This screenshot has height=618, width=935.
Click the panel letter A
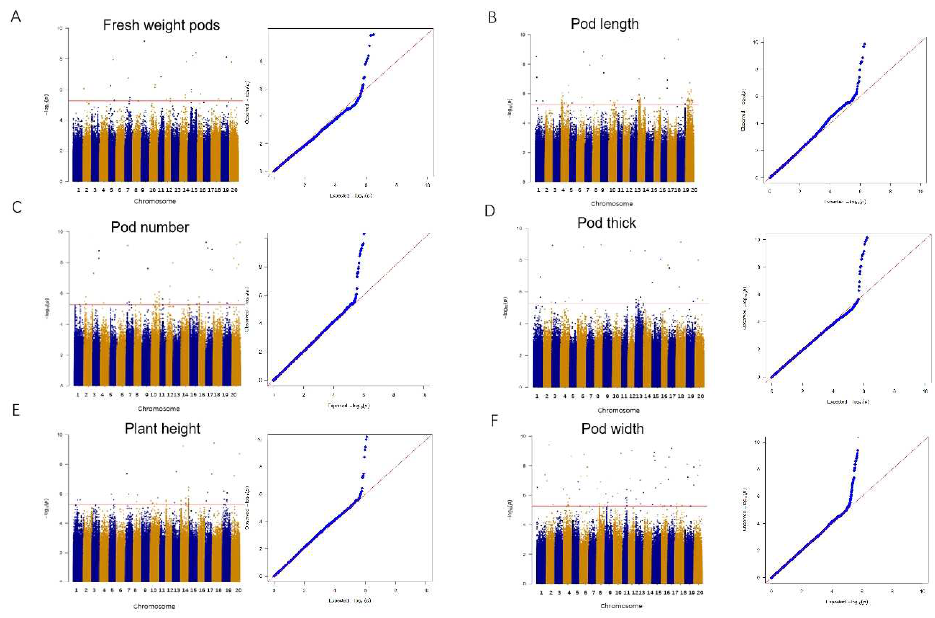(16, 17)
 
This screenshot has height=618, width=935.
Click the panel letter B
(492, 18)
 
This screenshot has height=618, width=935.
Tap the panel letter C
(16, 207)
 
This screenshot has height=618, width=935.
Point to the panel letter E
(16, 410)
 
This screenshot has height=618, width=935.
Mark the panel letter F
(494, 421)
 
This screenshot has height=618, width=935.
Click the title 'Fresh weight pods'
(161, 25)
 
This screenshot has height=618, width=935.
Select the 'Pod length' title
(605, 24)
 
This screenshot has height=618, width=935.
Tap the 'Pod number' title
(150, 227)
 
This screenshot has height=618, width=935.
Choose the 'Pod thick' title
(607, 223)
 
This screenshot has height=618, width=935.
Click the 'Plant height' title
(162, 429)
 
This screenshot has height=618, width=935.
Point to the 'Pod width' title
(612, 429)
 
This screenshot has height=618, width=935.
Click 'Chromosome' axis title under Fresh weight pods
(155, 201)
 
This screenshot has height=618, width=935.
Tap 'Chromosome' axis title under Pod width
(621, 606)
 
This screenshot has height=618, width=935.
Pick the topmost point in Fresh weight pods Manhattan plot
(144, 41)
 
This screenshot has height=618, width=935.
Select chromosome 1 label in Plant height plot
(76, 590)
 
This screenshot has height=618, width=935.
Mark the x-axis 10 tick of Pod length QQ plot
(920, 192)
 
